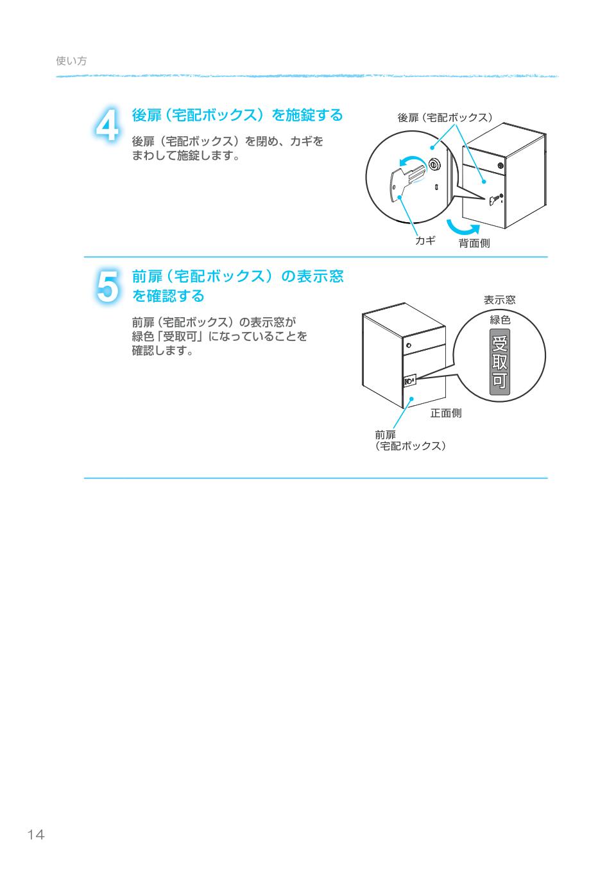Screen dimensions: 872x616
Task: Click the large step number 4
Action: [x=107, y=125]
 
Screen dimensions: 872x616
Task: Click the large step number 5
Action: [x=107, y=286]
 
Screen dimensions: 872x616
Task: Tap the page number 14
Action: [x=36, y=835]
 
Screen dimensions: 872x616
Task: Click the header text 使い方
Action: [x=71, y=61]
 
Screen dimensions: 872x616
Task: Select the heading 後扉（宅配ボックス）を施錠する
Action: [x=237, y=116]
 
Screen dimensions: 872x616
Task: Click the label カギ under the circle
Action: [x=425, y=240]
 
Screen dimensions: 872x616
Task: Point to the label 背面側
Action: [x=474, y=243]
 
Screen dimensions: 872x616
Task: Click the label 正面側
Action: [x=445, y=413]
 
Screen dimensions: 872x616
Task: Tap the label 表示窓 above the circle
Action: [x=499, y=300]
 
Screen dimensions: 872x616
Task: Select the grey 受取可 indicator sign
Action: [x=499, y=361]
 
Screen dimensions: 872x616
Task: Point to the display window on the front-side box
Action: [x=410, y=380]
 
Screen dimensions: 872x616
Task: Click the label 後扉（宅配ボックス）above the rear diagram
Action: [x=445, y=118]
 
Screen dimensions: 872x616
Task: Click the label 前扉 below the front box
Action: [x=385, y=435]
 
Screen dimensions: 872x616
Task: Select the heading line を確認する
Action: [x=167, y=296]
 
